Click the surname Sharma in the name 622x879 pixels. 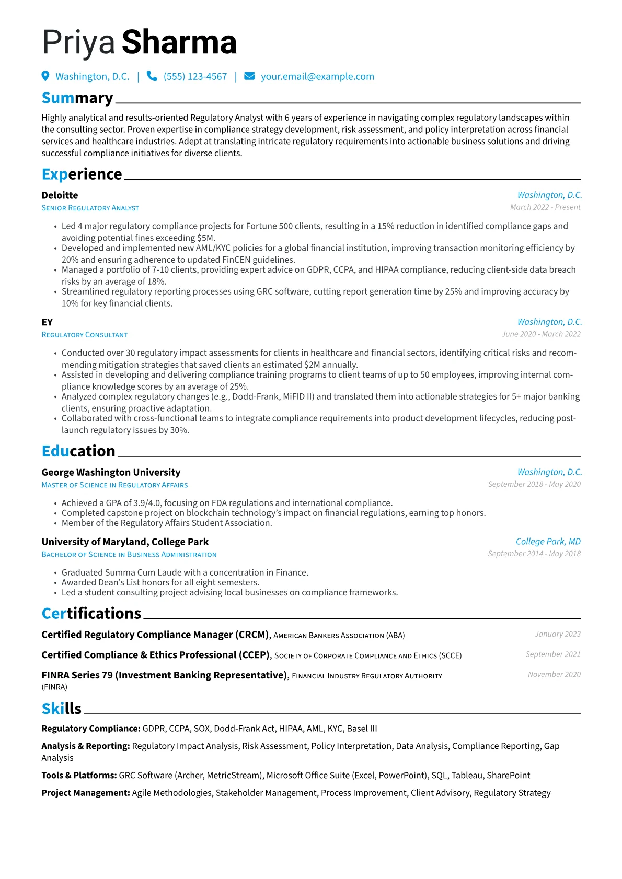coord(179,43)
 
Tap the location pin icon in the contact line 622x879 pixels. coord(45,76)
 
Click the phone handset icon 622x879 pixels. coord(152,76)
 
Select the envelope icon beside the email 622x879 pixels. coord(249,76)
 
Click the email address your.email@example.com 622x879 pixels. coord(317,76)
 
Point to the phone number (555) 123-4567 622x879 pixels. coord(195,76)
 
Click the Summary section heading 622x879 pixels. coord(77,98)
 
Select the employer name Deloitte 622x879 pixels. coord(60,195)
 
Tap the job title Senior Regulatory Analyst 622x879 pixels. coord(90,208)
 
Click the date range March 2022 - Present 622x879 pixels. coord(545,207)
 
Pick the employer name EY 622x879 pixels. coord(47,322)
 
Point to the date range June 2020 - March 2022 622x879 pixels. coord(541,334)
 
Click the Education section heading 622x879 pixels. coord(78,451)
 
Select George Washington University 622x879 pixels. coord(111,473)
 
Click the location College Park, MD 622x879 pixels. coord(548,542)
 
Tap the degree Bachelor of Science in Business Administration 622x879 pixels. coord(129,555)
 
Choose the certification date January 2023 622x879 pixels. coord(558,634)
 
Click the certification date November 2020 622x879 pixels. coord(554,675)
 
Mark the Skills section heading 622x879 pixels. coord(61,709)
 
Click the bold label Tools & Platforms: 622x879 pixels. coord(79,776)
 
